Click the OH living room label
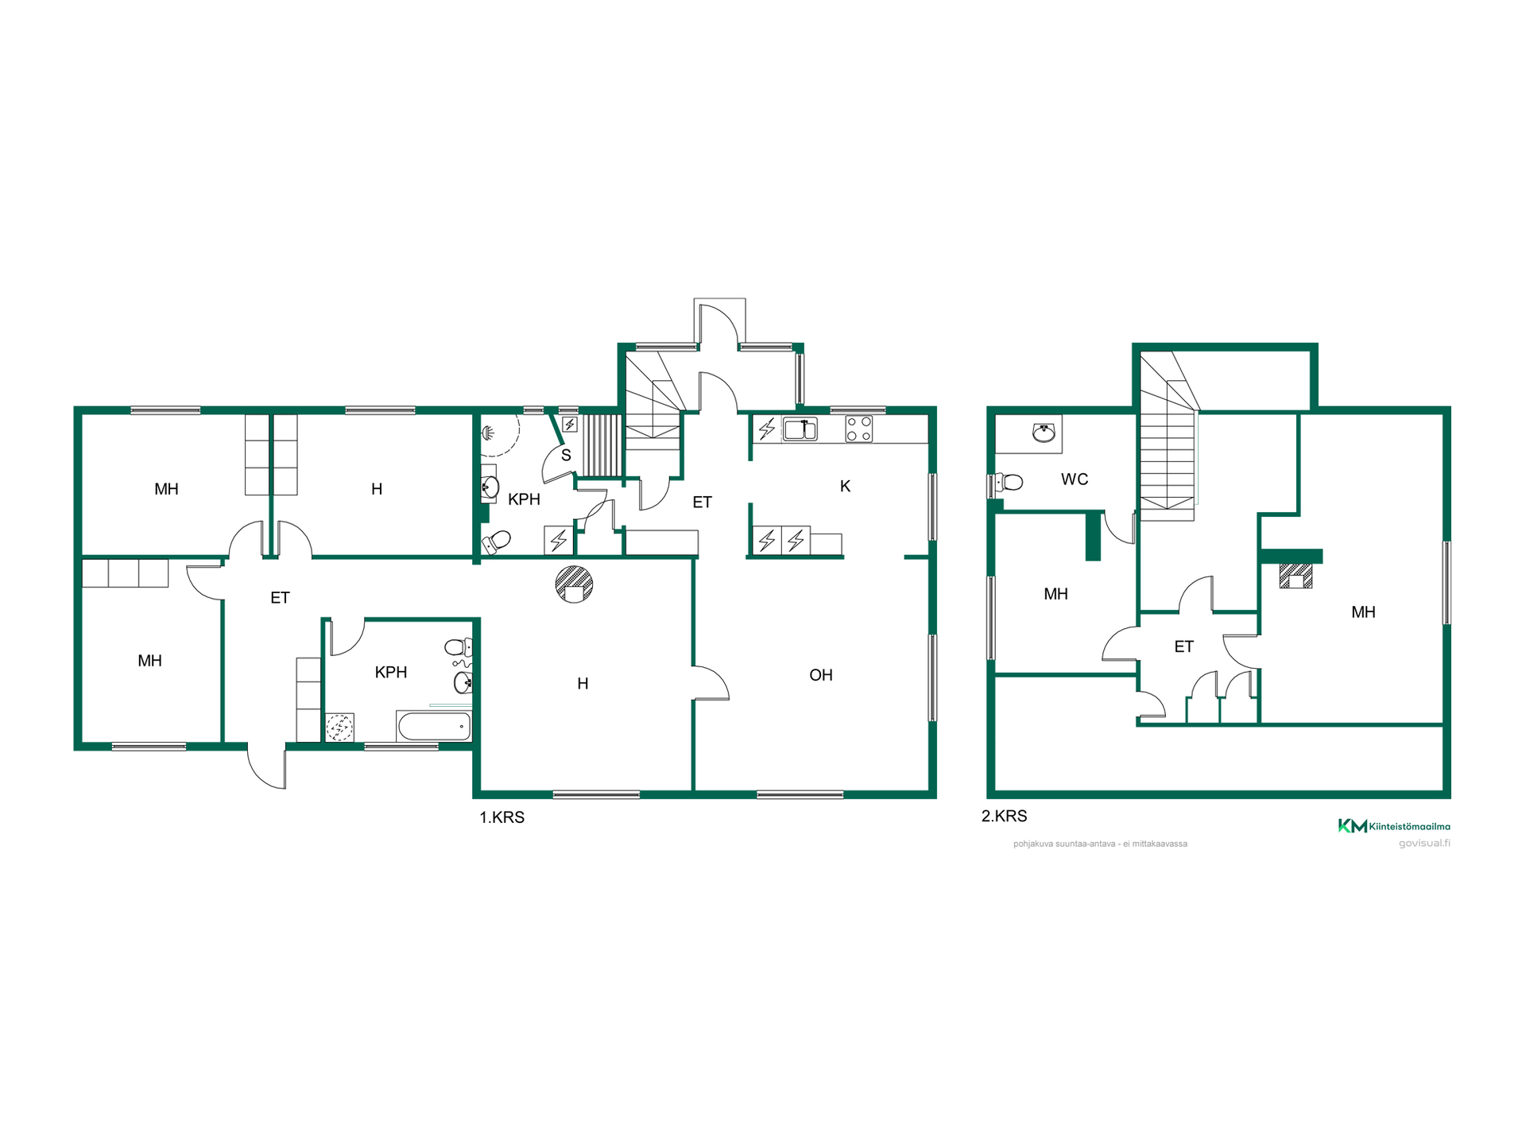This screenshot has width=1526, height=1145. [820, 675]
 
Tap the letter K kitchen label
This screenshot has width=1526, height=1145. [845, 486]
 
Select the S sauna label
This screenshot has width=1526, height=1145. [566, 456]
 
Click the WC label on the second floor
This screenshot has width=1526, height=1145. [1074, 479]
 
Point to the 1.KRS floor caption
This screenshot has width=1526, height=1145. [502, 817]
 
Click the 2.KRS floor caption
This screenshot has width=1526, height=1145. [1004, 816]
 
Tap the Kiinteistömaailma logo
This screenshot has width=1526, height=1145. [1393, 826]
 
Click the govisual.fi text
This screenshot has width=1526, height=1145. [1424, 843]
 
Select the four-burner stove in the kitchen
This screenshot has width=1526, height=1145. [858, 429]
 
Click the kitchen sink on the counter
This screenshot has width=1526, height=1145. [800, 429]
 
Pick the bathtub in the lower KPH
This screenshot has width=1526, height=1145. [434, 726]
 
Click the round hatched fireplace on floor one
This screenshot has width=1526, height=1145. [574, 584]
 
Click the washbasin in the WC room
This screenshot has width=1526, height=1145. [1044, 433]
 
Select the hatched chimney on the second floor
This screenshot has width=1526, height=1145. [1296, 576]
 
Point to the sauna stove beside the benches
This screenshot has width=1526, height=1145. [570, 425]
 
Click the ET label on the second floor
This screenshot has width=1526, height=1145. [1183, 646]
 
